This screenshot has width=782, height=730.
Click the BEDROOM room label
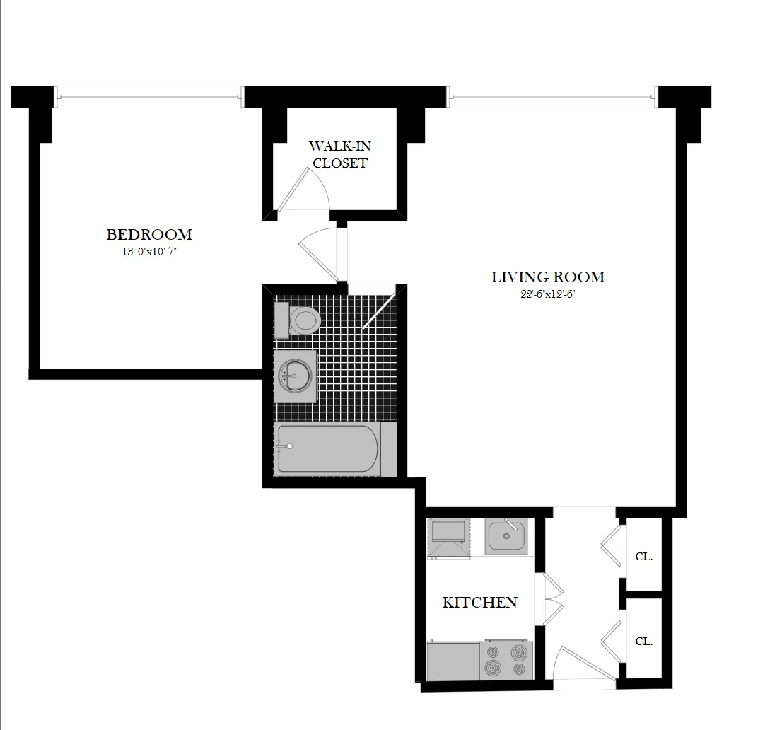point(149,234)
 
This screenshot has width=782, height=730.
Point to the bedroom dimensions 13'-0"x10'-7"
point(149,252)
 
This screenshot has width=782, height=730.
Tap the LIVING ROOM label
point(548,277)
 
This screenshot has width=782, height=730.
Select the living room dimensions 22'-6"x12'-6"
point(548,294)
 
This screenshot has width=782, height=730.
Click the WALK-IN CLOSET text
point(339,154)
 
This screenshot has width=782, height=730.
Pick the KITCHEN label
point(479,602)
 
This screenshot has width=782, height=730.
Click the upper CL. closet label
point(643,556)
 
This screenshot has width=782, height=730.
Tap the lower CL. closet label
point(643,641)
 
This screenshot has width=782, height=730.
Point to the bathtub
point(329,448)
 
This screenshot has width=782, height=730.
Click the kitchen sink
point(506,536)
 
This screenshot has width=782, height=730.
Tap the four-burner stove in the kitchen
point(506,661)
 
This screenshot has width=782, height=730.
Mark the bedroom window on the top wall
point(148,96)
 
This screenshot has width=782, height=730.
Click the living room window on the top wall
point(552,96)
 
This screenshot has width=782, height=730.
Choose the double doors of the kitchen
point(551,600)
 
